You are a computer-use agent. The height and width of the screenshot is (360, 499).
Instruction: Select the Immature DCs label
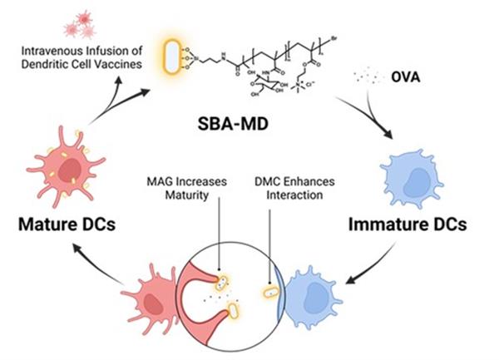[420, 224]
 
